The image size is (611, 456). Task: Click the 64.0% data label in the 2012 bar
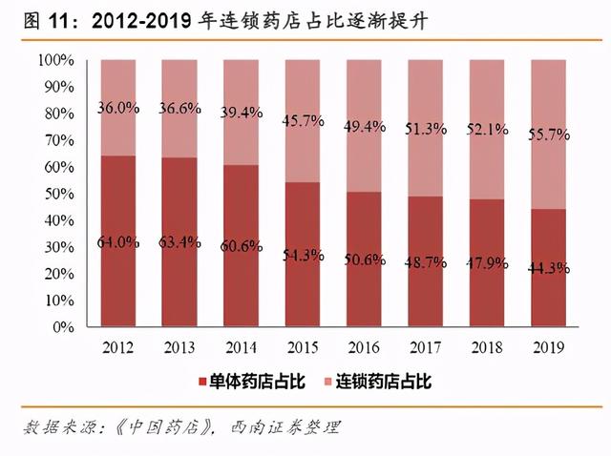point(118,242)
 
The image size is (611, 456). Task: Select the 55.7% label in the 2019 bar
point(548,135)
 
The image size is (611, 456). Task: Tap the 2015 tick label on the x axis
point(303,347)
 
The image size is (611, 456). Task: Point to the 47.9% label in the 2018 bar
point(487,262)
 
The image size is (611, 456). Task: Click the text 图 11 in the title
point(40,20)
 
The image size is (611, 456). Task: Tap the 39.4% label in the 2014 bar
point(242,114)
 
